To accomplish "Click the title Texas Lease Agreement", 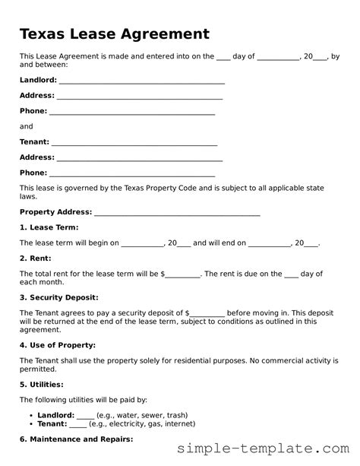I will click(x=114, y=34).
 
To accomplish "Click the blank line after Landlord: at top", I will click(x=142, y=81).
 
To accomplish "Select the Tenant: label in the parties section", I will click(x=34, y=141).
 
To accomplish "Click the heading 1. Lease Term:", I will click(x=49, y=227).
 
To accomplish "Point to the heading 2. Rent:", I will click(x=36, y=258).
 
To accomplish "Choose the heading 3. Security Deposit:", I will click(x=58, y=297).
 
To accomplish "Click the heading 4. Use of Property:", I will click(x=57, y=344).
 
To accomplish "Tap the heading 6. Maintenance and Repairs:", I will click(x=76, y=439).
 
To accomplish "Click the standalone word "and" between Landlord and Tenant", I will click(x=26, y=126).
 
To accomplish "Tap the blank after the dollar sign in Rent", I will click(x=182, y=274).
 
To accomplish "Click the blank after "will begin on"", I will click(x=143, y=243).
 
